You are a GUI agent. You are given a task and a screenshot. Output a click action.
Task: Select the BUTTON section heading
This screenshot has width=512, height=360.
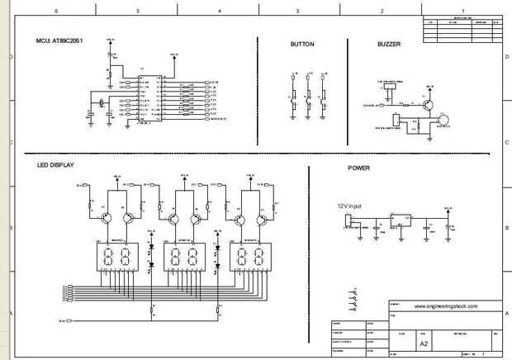coord(302,44)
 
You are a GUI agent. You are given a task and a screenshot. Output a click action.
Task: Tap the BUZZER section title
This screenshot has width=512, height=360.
coord(388,44)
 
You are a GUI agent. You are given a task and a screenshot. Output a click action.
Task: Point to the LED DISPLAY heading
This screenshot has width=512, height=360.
coord(55,165)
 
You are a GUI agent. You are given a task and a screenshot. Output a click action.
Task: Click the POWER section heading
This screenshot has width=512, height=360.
coord(358,168)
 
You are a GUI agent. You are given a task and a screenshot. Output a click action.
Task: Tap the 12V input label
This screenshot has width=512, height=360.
coord(349,206)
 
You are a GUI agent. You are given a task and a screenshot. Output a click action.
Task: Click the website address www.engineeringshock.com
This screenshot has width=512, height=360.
coord(447,306)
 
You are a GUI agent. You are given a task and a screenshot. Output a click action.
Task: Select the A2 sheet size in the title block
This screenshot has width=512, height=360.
coord(424,342)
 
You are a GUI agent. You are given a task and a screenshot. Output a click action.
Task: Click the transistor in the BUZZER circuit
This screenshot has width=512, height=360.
coord(427,103)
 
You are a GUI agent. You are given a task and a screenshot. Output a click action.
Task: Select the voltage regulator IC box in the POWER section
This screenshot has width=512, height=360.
coord(401,220)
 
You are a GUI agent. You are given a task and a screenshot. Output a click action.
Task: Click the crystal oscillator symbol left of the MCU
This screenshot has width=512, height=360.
coord(101,102)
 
